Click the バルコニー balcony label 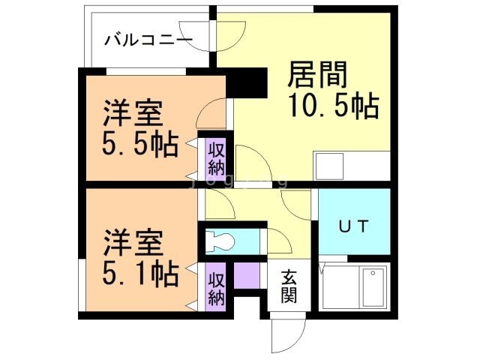(x=148, y=39)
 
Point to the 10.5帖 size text (x=331, y=106)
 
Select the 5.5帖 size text (x=140, y=143)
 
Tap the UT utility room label (x=352, y=226)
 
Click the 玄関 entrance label (x=289, y=286)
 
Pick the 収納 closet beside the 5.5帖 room (x=216, y=157)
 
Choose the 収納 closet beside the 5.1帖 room (x=216, y=287)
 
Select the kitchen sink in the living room (x=329, y=165)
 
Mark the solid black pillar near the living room (x=247, y=82)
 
